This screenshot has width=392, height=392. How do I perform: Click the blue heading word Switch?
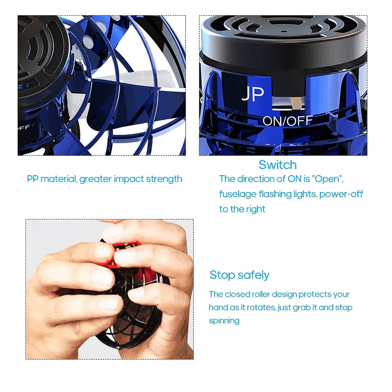point(277,165)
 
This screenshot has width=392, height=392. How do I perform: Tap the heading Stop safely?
point(239,275)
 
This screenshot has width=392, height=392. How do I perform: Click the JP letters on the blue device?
point(253,95)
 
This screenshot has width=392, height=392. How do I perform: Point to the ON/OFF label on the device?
point(288,121)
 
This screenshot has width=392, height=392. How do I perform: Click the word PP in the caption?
point(33,179)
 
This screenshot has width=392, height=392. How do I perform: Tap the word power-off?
point(342,194)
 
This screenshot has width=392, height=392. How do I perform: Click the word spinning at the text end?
point(224,321)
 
